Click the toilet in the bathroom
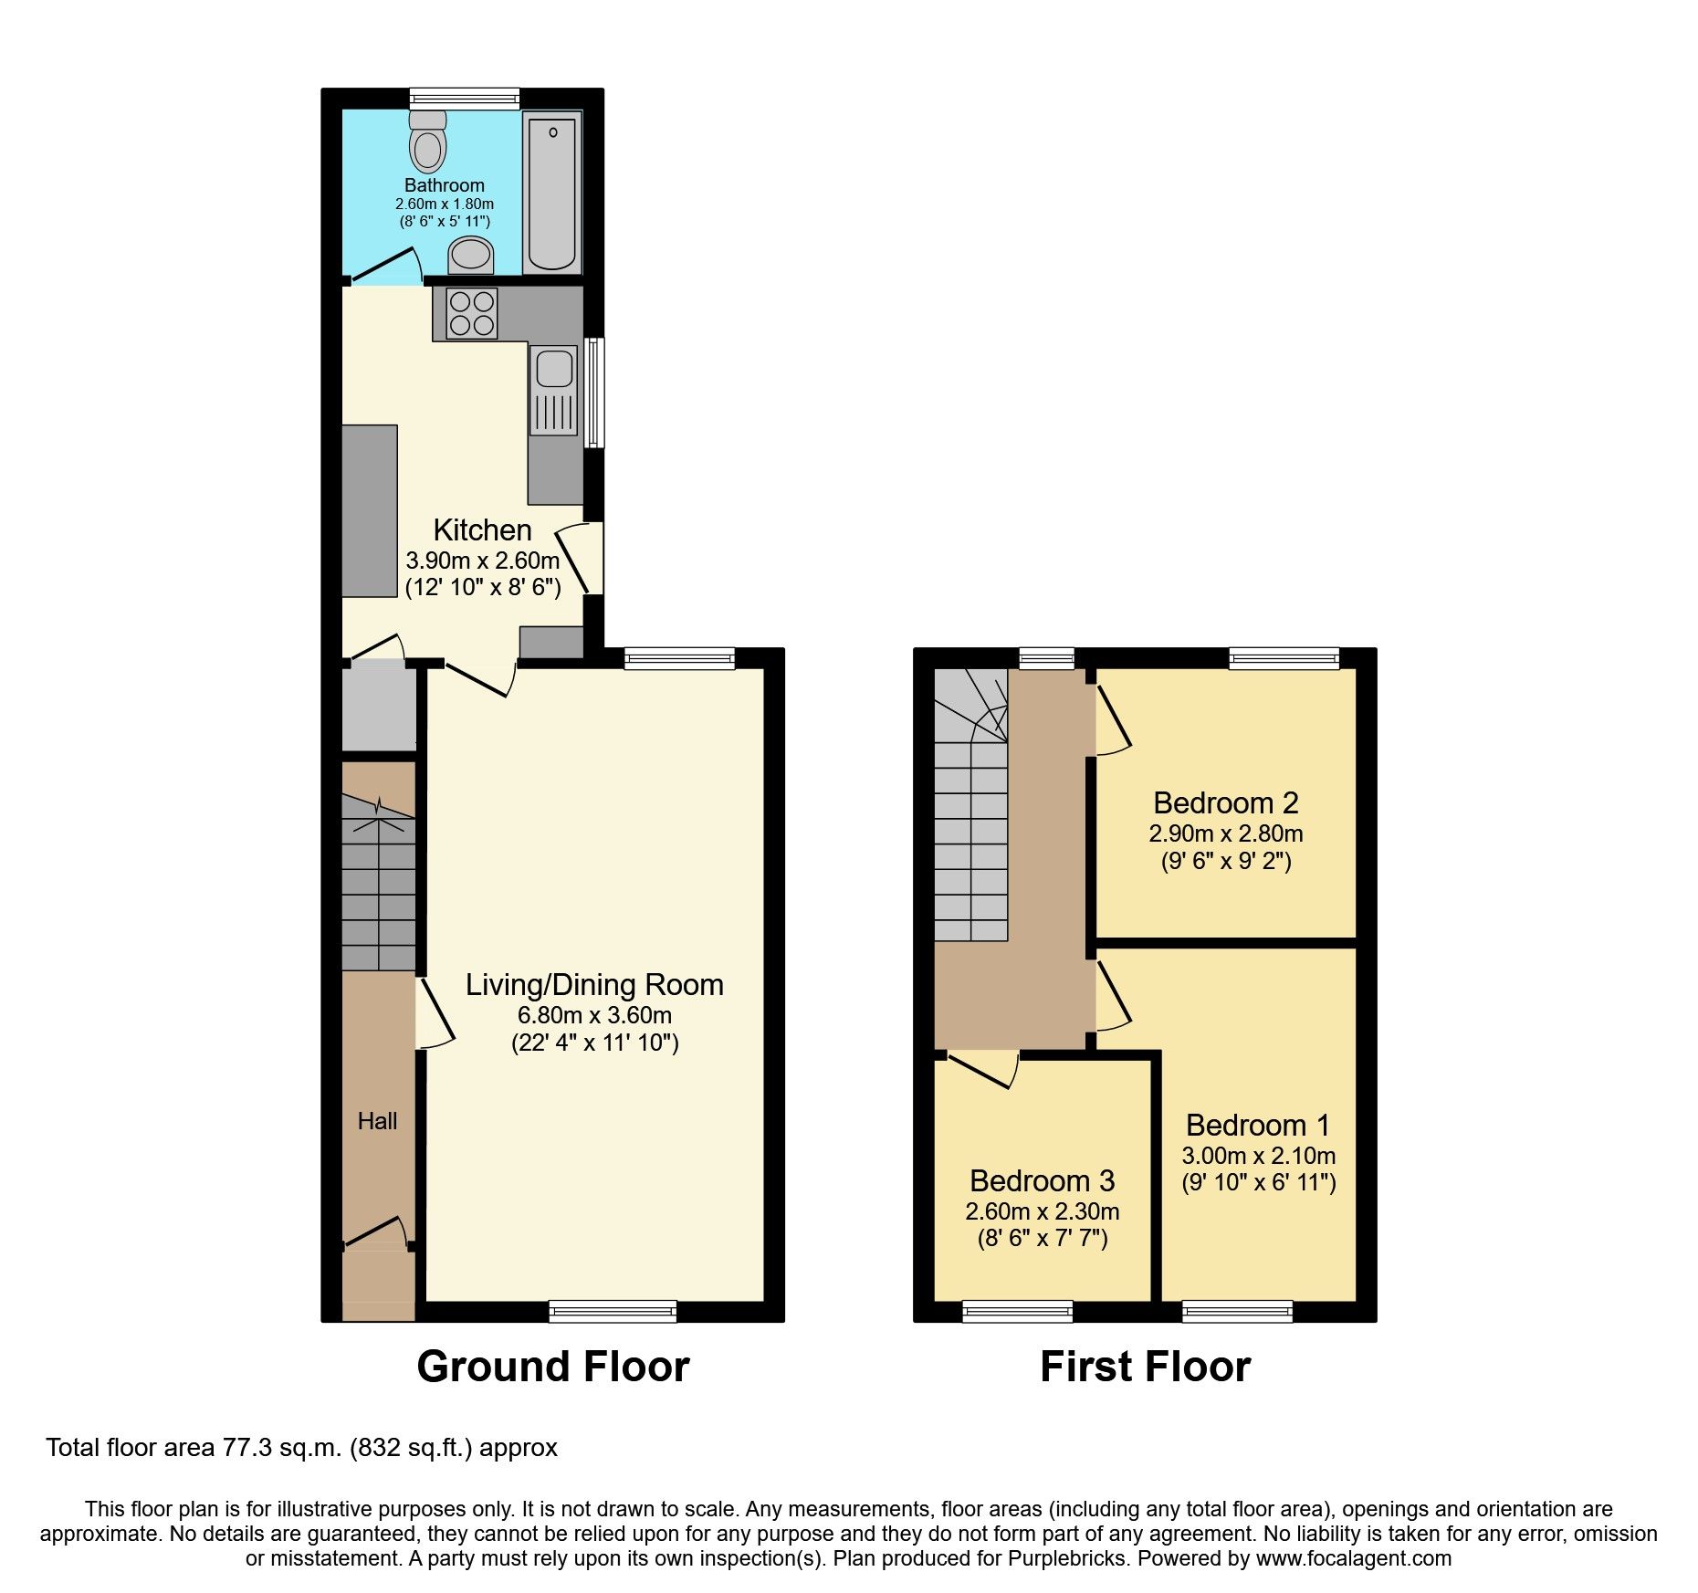(427, 144)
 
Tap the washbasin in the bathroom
(471, 255)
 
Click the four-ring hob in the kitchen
(472, 313)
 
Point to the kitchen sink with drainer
(554, 390)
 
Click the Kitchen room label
(482, 530)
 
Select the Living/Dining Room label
(594, 985)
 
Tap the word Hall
(377, 1121)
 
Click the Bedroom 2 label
(1225, 803)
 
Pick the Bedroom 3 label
(1042, 1181)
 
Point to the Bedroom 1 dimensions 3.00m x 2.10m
(1258, 1156)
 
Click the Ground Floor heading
(552, 1368)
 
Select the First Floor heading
(1145, 1368)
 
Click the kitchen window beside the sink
(593, 393)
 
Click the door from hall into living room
(435, 1013)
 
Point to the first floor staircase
(970, 822)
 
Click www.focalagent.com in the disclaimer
(1353, 1559)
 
